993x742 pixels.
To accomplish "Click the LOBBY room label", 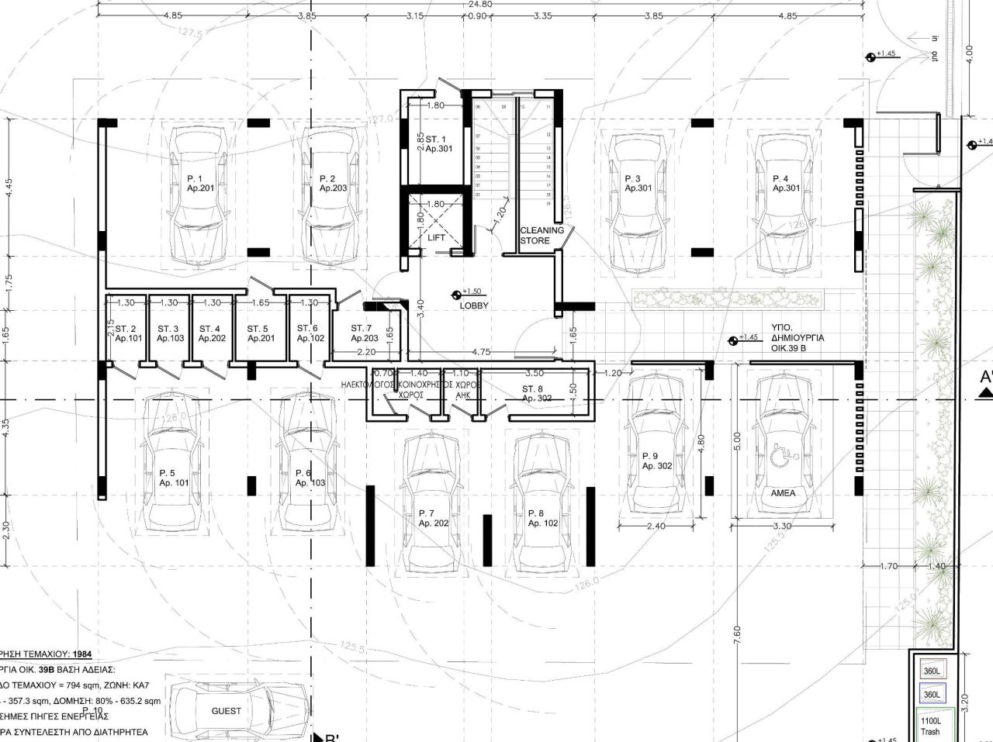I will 473,305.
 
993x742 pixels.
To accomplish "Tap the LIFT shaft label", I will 437,238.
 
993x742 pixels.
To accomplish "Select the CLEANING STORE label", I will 541,235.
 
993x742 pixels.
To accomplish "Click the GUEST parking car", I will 226,710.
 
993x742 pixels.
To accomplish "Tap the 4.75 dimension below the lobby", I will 481,352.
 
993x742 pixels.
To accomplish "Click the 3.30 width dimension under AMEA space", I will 784,526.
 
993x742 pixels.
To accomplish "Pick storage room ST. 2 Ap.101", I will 127,333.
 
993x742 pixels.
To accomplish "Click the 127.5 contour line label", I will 189,33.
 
